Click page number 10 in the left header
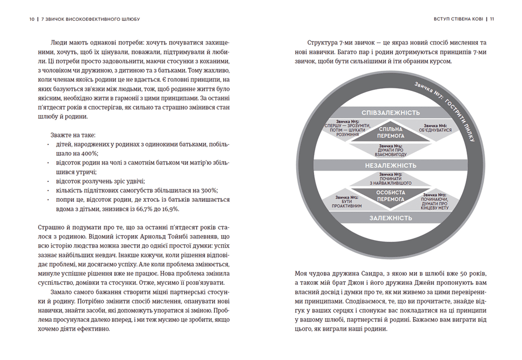pos(31,19)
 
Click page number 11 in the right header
pos(492,19)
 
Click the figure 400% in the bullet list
pos(88,153)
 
